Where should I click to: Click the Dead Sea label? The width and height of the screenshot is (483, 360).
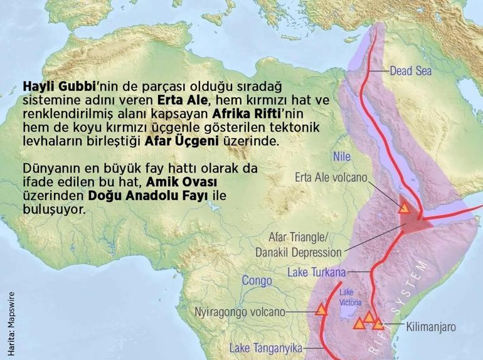[x=410, y=71]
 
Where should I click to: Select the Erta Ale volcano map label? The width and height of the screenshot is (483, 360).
[x=331, y=177]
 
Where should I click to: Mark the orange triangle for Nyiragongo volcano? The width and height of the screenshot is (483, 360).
[x=321, y=309]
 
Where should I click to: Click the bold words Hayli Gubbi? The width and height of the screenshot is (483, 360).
[x=54, y=85]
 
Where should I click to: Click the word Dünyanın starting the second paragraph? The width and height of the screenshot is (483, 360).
[x=49, y=169]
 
